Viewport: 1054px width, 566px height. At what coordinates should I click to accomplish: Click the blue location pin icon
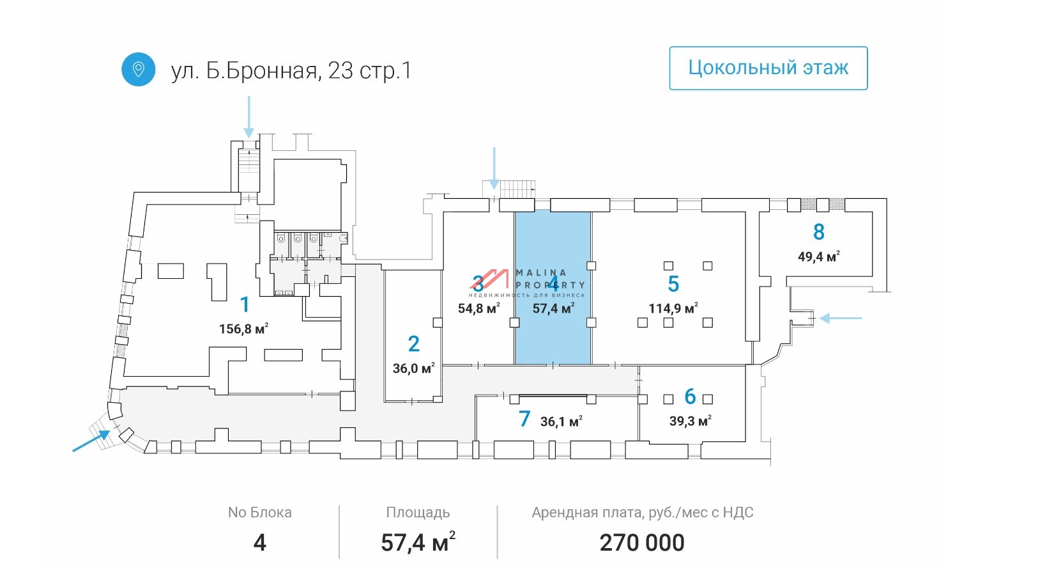(138, 69)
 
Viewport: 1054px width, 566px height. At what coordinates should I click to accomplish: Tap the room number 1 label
(245, 304)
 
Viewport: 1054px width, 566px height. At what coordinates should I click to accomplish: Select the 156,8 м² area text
(243, 329)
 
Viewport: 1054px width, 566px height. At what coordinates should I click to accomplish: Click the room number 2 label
(414, 344)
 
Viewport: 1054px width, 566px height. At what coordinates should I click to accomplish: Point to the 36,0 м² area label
(413, 368)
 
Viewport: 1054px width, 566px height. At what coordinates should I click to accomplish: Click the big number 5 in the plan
(673, 283)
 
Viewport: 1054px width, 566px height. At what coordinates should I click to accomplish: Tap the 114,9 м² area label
(673, 308)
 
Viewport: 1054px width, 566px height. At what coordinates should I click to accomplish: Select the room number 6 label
(690, 397)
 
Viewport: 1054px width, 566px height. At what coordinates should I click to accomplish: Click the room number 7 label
(524, 419)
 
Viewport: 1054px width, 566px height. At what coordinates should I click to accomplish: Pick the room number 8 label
(819, 232)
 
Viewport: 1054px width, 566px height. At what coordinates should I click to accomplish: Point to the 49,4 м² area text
(818, 256)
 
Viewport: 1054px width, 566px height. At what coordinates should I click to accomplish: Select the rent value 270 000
(642, 543)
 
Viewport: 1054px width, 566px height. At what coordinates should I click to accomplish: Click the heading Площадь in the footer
(418, 512)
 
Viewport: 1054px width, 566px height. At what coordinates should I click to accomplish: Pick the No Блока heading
(259, 512)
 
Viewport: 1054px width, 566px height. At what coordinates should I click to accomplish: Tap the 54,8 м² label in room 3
(478, 308)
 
